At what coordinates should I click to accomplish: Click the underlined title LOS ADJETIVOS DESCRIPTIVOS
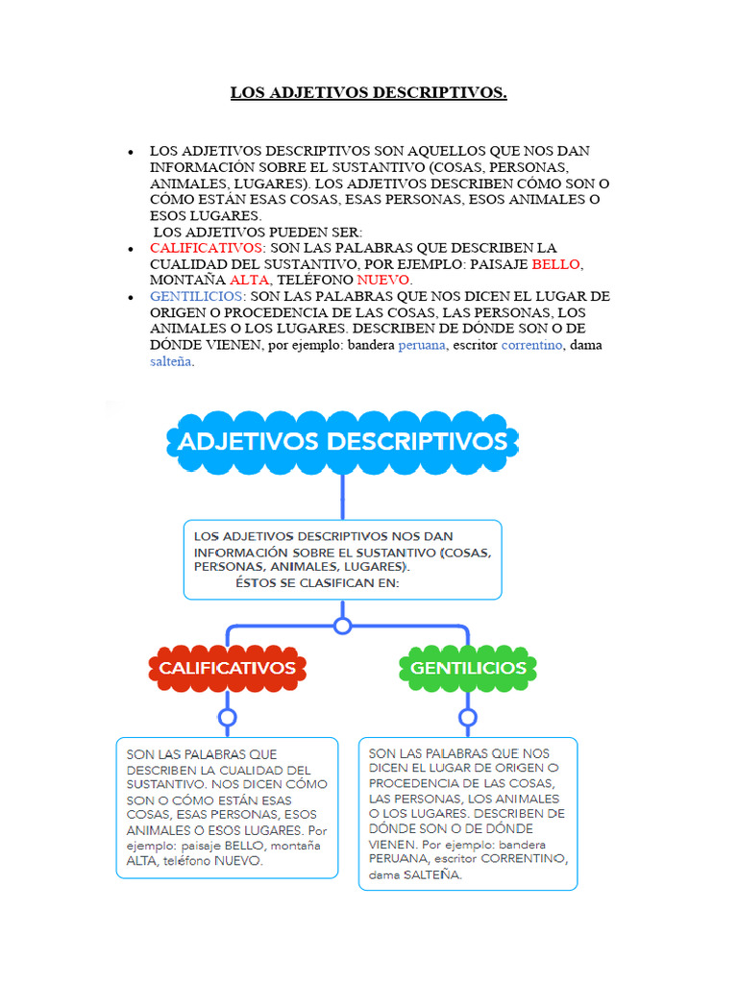(x=368, y=93)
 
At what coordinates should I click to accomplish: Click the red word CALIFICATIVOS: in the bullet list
(x=208, y=248)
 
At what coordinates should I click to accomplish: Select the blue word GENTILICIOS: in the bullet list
(x=198, y=297)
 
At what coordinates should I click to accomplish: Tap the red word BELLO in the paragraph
(x=556, y=264)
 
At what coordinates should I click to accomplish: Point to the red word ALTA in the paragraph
(x=250, y=281)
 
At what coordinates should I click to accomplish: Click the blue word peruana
(x=422, y=345)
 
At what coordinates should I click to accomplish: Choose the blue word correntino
(x=532, y=345)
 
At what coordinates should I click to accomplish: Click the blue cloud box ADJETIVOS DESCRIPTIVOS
(x=342, y=442)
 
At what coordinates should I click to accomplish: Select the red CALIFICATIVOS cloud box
(x=228, y=668)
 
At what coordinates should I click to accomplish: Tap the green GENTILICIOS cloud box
(x=468, y=668)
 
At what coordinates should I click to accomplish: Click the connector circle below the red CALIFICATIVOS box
(x=228, y=717)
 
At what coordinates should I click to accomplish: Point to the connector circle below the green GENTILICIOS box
(x=468, y=717)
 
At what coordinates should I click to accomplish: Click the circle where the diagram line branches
(x=342, y=626)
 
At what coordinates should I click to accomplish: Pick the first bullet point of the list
(x=130, y=153)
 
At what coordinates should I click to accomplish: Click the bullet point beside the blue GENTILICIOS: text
(x=130, y=298)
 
